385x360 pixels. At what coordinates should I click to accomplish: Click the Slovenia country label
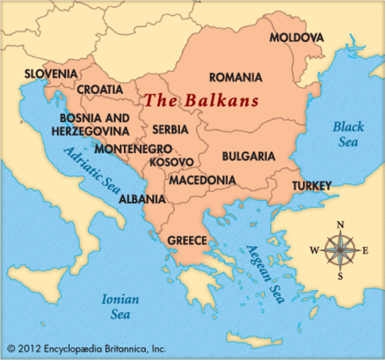click(x=51, y=73)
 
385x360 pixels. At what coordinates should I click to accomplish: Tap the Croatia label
click(x=99, y=89)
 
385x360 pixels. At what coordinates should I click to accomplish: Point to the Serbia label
click(x=170, y=129)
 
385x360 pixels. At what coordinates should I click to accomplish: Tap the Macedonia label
click(x=202, y=181)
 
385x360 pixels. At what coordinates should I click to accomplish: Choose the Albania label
click(x=143, y=199)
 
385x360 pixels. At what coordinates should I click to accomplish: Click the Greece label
click(x=188, y=241)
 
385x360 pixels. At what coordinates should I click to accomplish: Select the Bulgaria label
click(x=248, y=157)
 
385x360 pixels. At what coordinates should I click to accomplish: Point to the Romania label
click(x=236, y=77)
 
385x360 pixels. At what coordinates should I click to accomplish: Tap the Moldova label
click(x=296, y=37)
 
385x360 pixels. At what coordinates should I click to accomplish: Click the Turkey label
click(x=311, y=184)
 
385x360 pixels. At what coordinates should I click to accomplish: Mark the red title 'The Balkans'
click(x=201, y=100)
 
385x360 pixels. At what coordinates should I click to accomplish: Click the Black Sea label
click(x=349, y=133)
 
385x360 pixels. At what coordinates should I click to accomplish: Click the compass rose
click(x=339, y=250)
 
